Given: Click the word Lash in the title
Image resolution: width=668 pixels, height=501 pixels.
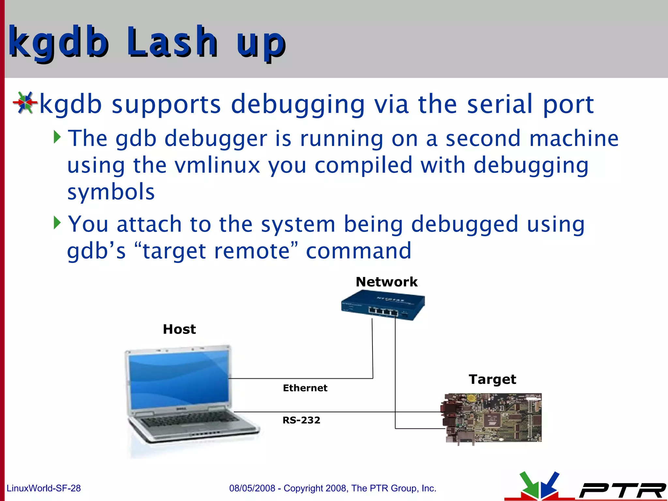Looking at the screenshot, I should tap(172, 42).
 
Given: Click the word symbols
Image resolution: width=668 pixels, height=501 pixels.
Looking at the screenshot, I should tap(111, 192).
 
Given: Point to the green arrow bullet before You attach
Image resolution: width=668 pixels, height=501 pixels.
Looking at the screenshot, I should tap(57, 223).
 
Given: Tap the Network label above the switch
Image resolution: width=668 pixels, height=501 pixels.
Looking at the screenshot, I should tap(387, 282).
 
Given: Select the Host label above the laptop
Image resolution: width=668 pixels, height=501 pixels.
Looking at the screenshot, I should tap(179, 329).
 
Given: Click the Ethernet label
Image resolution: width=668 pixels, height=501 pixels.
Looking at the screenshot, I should tap(305, 388).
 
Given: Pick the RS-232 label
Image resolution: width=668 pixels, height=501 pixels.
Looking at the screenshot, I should tap(301, 420).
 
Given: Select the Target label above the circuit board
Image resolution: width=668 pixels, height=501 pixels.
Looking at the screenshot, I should tap(493, 379).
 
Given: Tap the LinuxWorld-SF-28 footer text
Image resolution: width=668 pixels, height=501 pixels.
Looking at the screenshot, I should tap(44, 488).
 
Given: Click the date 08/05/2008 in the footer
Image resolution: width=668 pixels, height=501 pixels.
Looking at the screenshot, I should tap(252, 488).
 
